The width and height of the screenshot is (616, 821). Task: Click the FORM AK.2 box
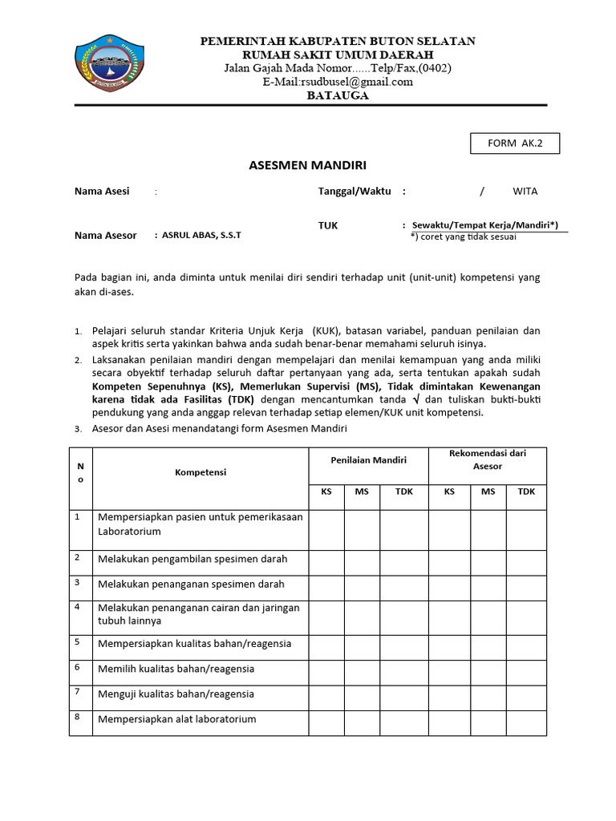[x=514, y=144]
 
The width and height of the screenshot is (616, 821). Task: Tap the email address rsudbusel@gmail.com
[x=337, y=81]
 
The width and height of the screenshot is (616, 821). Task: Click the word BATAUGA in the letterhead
[x=338, y=95]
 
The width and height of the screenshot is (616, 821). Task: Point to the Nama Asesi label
[x=101, y=192]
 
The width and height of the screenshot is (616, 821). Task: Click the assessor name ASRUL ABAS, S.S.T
[x=201, y=236]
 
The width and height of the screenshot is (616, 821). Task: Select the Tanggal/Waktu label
[x=355, y=192]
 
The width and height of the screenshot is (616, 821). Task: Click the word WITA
[x=525, y=192]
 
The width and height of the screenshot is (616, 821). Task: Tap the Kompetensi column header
[x=201, y=472]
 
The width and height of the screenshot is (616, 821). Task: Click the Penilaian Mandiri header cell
[x=368, y=460]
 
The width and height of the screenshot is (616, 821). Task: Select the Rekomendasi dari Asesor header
[x=488, y=459]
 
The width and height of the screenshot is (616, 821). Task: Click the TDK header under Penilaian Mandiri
[x=404, y=491]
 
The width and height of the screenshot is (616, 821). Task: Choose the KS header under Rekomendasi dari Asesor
[x=448, y=491]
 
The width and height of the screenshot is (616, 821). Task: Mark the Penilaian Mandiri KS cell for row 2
[x=326, y=559]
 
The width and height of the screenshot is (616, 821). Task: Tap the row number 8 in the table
[x=78, y=717]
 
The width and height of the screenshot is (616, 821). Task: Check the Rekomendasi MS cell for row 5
[x=488, y=644]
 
